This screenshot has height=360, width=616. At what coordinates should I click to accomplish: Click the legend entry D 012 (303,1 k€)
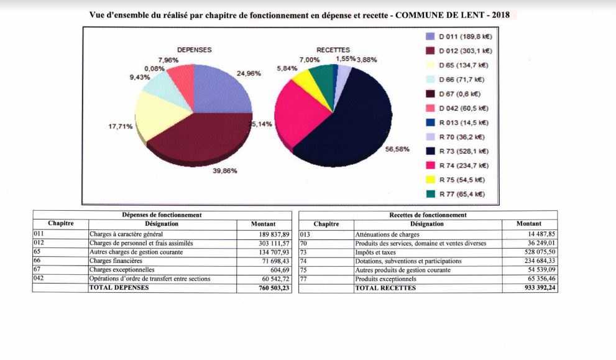pos(459,51)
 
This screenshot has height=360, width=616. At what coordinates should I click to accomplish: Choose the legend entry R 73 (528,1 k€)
pos(457,151)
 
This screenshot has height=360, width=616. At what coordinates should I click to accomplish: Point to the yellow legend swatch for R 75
pos(431,180)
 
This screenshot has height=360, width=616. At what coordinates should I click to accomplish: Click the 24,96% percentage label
pos(249,73)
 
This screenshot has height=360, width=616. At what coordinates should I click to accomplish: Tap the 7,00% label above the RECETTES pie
pos(310,60)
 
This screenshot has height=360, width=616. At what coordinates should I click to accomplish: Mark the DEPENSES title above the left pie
pos(195,50)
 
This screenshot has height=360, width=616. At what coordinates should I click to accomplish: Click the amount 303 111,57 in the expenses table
pos(274,243)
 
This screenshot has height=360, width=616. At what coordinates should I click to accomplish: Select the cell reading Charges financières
pos(116,261)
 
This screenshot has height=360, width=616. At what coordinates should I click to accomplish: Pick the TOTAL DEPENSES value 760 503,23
pos(274,288)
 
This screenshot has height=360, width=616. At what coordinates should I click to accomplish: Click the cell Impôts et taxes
pos(375,252)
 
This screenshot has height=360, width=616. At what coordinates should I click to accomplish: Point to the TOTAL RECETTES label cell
pos(385,288)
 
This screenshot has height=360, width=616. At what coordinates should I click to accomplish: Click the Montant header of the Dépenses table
pos(263,224)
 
